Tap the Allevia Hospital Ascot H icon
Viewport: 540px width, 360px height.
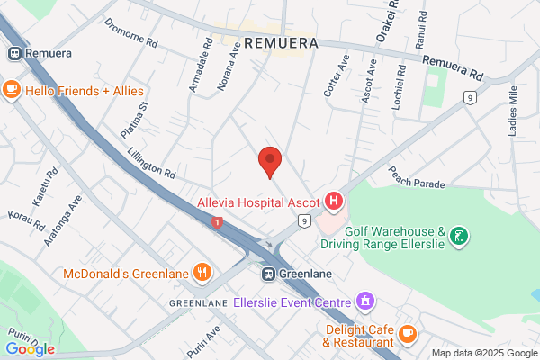tap(334, 201)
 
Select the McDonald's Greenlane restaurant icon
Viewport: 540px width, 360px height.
tap(203, 272)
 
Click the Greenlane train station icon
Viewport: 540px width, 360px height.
tap(268, 273)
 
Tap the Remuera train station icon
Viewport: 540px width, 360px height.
tap(13, 53)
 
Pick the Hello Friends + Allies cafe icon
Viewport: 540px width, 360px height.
tap(12, 90)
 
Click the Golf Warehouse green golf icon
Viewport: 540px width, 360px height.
tap(460, 237)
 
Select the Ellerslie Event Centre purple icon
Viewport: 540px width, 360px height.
tap(364, 301)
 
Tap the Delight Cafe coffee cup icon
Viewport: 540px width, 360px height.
tap(408, 334)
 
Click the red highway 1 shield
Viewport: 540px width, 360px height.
tap(215, 221)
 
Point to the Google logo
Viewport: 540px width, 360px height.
tap(30, 349)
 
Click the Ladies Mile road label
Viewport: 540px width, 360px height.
tap(514, 107)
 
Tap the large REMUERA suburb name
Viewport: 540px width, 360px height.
tap(279, 43)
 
